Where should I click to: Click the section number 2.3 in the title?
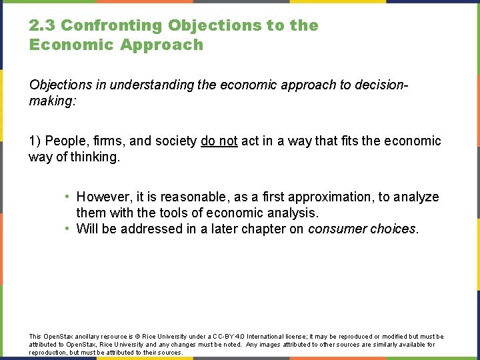tap(42, 26)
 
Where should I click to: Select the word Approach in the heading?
tap(162, 45)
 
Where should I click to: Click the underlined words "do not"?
tap(219, 141)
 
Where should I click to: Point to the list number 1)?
tap(35, 141)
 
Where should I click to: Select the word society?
tap(175, 141)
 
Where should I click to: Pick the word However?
tap(103, 197)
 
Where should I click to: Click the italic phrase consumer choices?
tap(363, 229)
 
